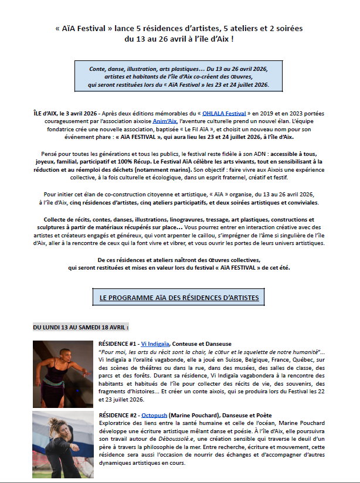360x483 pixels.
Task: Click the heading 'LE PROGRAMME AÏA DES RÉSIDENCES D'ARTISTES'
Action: point(179,298)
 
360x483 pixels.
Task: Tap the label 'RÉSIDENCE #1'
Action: point(117,343)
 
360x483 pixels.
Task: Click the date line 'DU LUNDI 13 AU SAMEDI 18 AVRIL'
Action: point(81,326)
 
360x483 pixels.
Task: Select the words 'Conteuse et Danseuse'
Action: point(203,343)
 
